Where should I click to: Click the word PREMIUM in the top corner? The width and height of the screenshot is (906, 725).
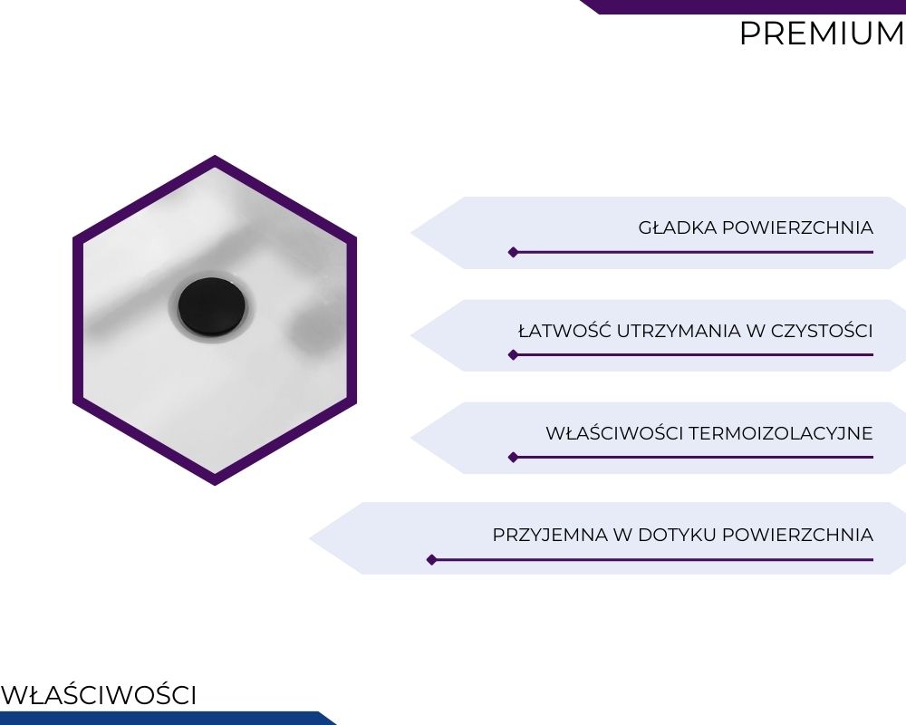tap(823, 34)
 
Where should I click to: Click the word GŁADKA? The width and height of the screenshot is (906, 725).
tap(678, 227)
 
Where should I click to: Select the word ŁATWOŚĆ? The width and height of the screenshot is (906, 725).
tap(565, 331)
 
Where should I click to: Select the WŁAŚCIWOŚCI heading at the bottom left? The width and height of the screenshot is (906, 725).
tap(99, 695)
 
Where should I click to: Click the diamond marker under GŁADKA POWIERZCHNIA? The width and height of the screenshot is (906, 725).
tap(513, 252)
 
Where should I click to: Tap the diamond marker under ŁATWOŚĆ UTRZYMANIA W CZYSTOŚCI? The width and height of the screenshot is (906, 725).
tap(513, 355)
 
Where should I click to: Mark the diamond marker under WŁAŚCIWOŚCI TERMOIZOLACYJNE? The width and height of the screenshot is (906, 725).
tap(513, 458)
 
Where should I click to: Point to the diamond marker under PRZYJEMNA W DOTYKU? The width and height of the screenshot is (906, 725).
tap(431, 560)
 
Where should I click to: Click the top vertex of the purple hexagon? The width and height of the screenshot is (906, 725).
tap(215, 156)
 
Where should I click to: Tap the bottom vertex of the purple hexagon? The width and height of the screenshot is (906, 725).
tap(215, 485)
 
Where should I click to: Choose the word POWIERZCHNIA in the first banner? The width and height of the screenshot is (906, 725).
tap(797, 227)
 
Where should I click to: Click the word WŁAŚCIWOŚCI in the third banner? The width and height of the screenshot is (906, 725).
tap(614, 432)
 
